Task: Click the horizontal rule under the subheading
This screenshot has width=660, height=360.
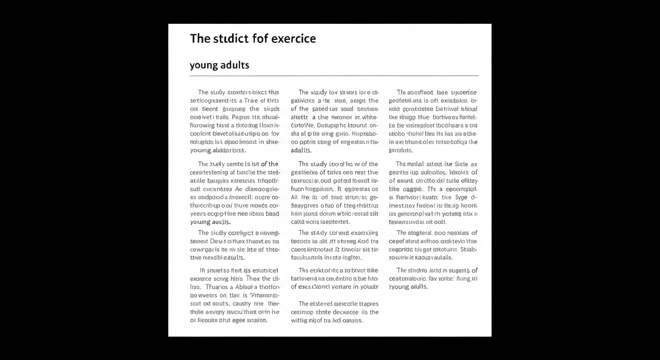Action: [x=334, y=75]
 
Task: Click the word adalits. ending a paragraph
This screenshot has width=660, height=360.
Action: [x=301, y=150]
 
